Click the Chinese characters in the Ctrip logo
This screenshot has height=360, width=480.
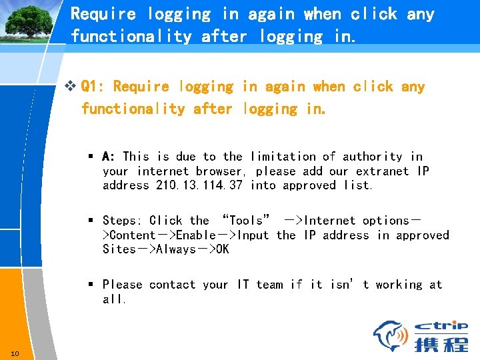pyautogui.click(x=440, y=345)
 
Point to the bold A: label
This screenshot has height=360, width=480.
pyautogui.click(x=109, y=157)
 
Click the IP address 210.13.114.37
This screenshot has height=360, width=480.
pyautogui.click(x=199, y=185)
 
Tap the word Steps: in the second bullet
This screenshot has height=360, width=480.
pyautogui.click(x=122, y=221)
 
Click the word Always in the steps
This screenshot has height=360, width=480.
pyautogui.click(x=175, y=249)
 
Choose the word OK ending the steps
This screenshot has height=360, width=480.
pyautogui.click(x=221, y=249)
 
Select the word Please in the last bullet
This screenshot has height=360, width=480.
pyautogui.click(x=122, y=285)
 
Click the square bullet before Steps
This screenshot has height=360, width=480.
pyautogui.click(x=91, y=221)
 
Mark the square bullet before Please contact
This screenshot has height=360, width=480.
pyautogui.click(x=91, y=285)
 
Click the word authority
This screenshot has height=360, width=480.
pyautogui.click(x=373, y=157)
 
